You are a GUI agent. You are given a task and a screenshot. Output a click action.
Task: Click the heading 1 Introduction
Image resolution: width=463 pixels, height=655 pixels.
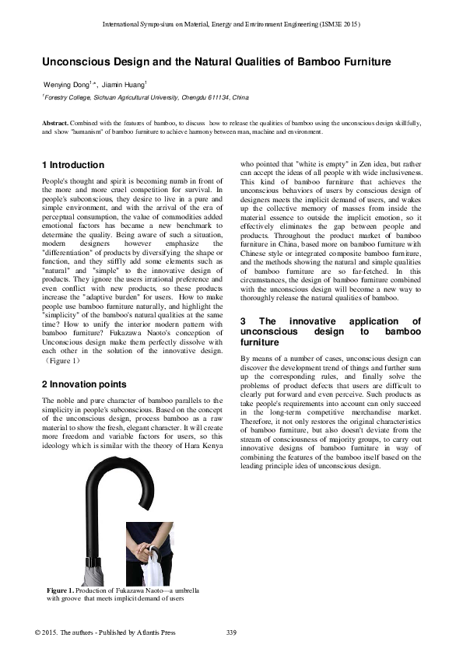(72, 165)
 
